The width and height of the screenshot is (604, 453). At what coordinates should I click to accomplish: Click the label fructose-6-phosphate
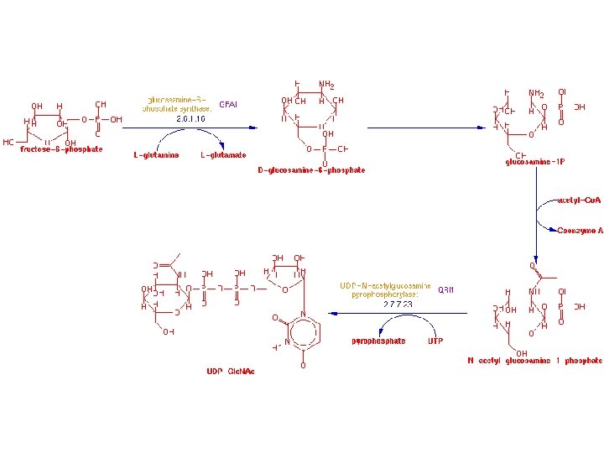[61, 149]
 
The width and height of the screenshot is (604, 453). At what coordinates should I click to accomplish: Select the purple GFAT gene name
[228, 105]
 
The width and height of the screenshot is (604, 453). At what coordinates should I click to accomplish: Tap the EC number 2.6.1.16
[190, 120]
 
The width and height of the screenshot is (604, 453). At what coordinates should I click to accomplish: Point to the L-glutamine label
[156, 155]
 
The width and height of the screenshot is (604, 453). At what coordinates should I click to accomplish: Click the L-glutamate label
[223, 155]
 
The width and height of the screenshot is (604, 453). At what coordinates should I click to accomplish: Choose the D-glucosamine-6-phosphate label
[311, 170]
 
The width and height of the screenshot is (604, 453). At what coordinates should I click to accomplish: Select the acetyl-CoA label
[579, 200]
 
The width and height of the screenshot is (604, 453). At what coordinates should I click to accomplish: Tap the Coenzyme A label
[580, 230]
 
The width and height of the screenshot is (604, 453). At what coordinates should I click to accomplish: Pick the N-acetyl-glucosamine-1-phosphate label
[534, 361]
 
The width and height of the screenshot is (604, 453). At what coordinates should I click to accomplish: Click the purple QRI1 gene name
[445, 289]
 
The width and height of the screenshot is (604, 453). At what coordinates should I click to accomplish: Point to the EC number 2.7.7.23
[398, 305]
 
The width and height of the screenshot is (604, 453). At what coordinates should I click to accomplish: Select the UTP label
[435, 341]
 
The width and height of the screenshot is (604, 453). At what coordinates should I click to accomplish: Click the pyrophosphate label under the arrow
[378, 341]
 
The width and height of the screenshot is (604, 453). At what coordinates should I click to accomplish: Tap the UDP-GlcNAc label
[230, 371]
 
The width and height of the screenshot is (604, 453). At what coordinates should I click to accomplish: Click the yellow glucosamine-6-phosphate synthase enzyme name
[175, 104]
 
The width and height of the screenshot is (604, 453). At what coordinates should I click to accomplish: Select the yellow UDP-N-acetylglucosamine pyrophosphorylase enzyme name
[385, 289]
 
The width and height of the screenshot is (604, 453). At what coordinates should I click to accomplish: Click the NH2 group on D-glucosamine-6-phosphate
[326, 85]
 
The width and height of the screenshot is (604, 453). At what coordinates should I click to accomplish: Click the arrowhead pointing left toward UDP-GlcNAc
[333, 313]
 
